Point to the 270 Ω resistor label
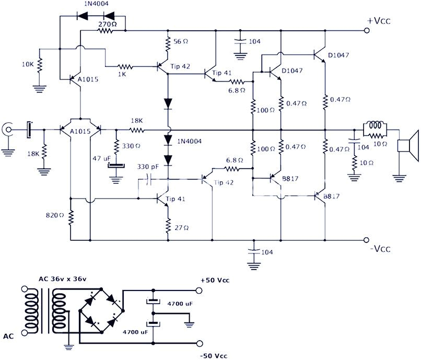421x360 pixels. pos(108,24)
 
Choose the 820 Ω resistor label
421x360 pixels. pos(54,215)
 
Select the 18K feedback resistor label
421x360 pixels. pos(137,121)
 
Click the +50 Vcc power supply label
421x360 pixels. pos(215,281)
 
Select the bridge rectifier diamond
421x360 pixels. pos(100,310)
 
